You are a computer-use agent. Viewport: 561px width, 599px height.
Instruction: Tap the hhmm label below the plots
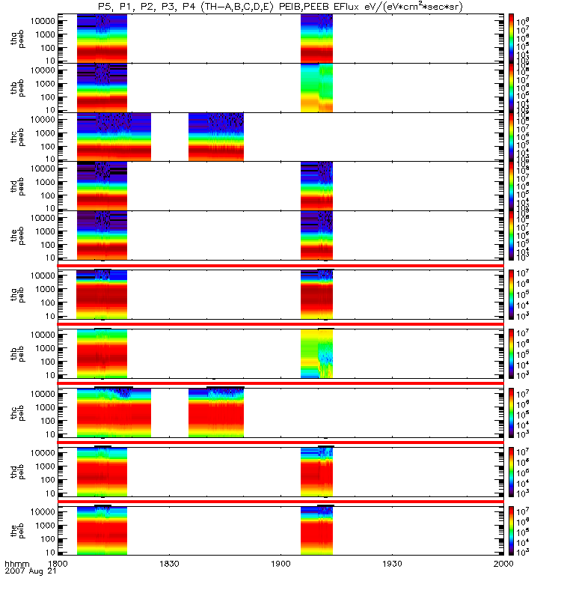pos(16,562)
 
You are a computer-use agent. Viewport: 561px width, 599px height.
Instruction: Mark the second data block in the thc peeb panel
pos(216,136)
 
